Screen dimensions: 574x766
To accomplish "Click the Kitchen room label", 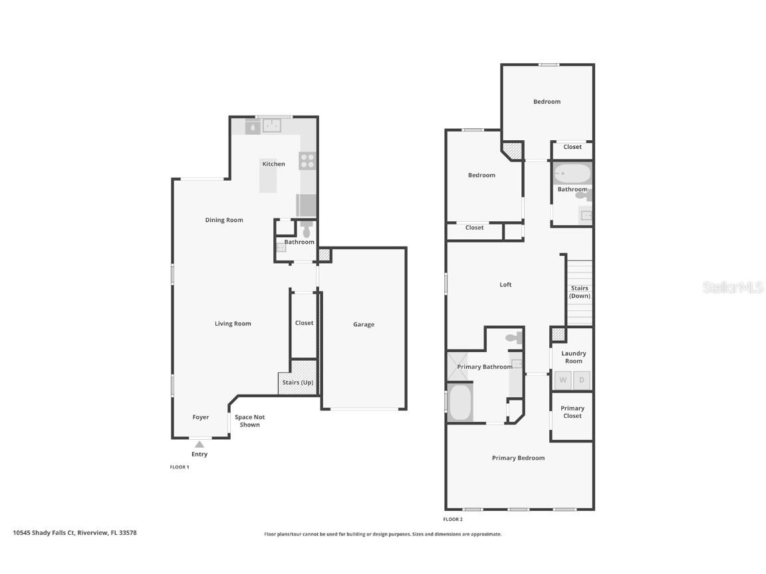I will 273,164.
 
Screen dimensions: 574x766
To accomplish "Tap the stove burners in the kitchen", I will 307,160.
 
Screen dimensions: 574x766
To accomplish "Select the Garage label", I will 364,325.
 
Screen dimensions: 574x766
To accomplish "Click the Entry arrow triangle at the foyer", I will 199,444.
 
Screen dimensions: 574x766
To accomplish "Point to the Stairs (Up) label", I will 298,383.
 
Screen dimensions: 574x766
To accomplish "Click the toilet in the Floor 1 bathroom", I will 306,230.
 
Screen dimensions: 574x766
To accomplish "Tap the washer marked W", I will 563,380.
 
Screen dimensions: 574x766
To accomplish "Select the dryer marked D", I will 582,380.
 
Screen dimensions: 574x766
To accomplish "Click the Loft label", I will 506,285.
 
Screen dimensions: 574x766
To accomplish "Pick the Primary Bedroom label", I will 518,458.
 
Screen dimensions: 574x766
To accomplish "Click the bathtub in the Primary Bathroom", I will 459,403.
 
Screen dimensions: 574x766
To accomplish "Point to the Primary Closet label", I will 573,412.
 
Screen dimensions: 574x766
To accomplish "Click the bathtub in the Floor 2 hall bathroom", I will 573,173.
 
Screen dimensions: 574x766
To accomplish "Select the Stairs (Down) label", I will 580,292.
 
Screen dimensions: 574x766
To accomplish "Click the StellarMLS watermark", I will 733,288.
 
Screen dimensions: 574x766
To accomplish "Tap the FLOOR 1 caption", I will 180,467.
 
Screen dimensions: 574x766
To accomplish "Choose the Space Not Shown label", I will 250,421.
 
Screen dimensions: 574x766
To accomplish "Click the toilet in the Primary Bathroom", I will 513,338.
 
